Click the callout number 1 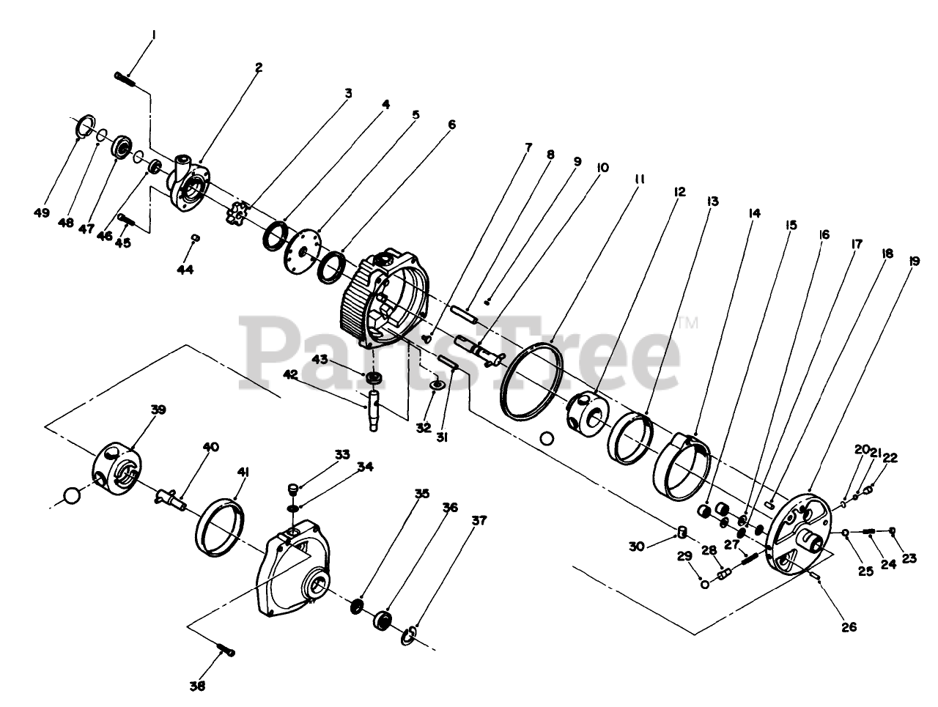pyautogui.click(x=154, y=34)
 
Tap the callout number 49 pyautogui.click(x=41, y=213)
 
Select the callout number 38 pyautogui.click(x=198, y=686)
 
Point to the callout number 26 pyautogui.click(x=849, y=628)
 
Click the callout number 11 pyautogui.click(x=639, y=178)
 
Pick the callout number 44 pyautogui.click(x=185, y=270)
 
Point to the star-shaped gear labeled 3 pyautogui.click(x=237, y=215)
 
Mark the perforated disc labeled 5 pyautogui.click(x=302, y=245)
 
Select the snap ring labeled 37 pyautogui.click(x=412, y=635)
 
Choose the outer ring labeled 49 pyautogui.click(x=86, y=127)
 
